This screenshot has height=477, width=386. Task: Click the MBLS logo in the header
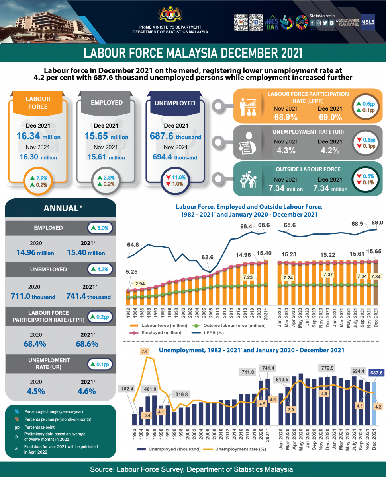pos(368,22)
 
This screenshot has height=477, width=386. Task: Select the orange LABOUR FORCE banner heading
pos(38,103)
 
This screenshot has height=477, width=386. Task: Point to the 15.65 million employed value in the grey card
pos(106,136)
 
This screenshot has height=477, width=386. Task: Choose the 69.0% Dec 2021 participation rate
pos(330,117)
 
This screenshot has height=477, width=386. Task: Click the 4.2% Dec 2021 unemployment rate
pos(330,151)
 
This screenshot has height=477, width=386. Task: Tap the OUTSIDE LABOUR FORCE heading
pos(308,169)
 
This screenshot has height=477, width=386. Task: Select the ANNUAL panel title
pos(61,208)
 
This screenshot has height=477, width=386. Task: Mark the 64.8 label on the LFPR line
pos(133,244)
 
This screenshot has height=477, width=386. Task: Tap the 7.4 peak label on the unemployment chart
pos(145,351)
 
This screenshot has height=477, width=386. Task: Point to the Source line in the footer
pos(193,469)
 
